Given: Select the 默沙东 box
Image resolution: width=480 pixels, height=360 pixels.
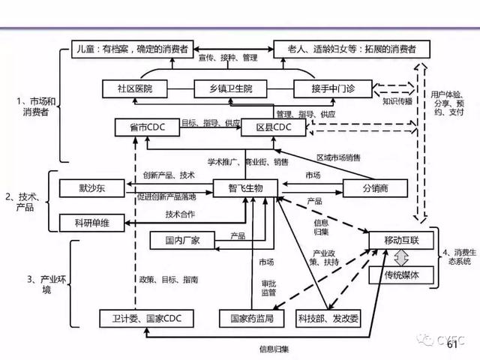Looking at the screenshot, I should point(89,187).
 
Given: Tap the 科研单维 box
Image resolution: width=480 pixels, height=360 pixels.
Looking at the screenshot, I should point(89,222).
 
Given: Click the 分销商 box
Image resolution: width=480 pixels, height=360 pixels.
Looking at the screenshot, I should point(374,187).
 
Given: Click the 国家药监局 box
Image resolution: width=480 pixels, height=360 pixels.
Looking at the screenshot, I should point(246,318).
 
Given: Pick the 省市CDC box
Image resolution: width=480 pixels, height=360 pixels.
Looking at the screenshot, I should point(146,127).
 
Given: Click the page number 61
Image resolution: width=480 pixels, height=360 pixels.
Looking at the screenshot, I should point(452,346).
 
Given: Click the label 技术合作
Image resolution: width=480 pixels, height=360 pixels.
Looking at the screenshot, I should point(181,214).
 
